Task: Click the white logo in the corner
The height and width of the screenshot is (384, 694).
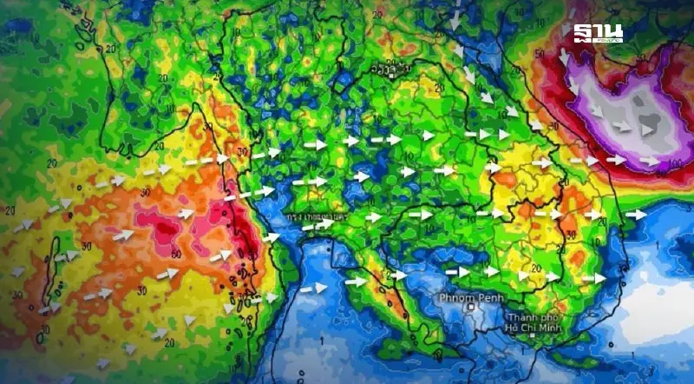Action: click(598, 34)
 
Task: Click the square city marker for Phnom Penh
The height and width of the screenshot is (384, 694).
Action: click(471, 306)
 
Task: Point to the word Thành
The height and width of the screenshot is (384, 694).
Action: click(523, 317)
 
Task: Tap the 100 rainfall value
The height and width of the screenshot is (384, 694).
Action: click(673, 164)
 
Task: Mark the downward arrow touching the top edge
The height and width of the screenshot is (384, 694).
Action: click(453, 16)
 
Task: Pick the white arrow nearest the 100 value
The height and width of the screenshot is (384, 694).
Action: click(650, 161)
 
